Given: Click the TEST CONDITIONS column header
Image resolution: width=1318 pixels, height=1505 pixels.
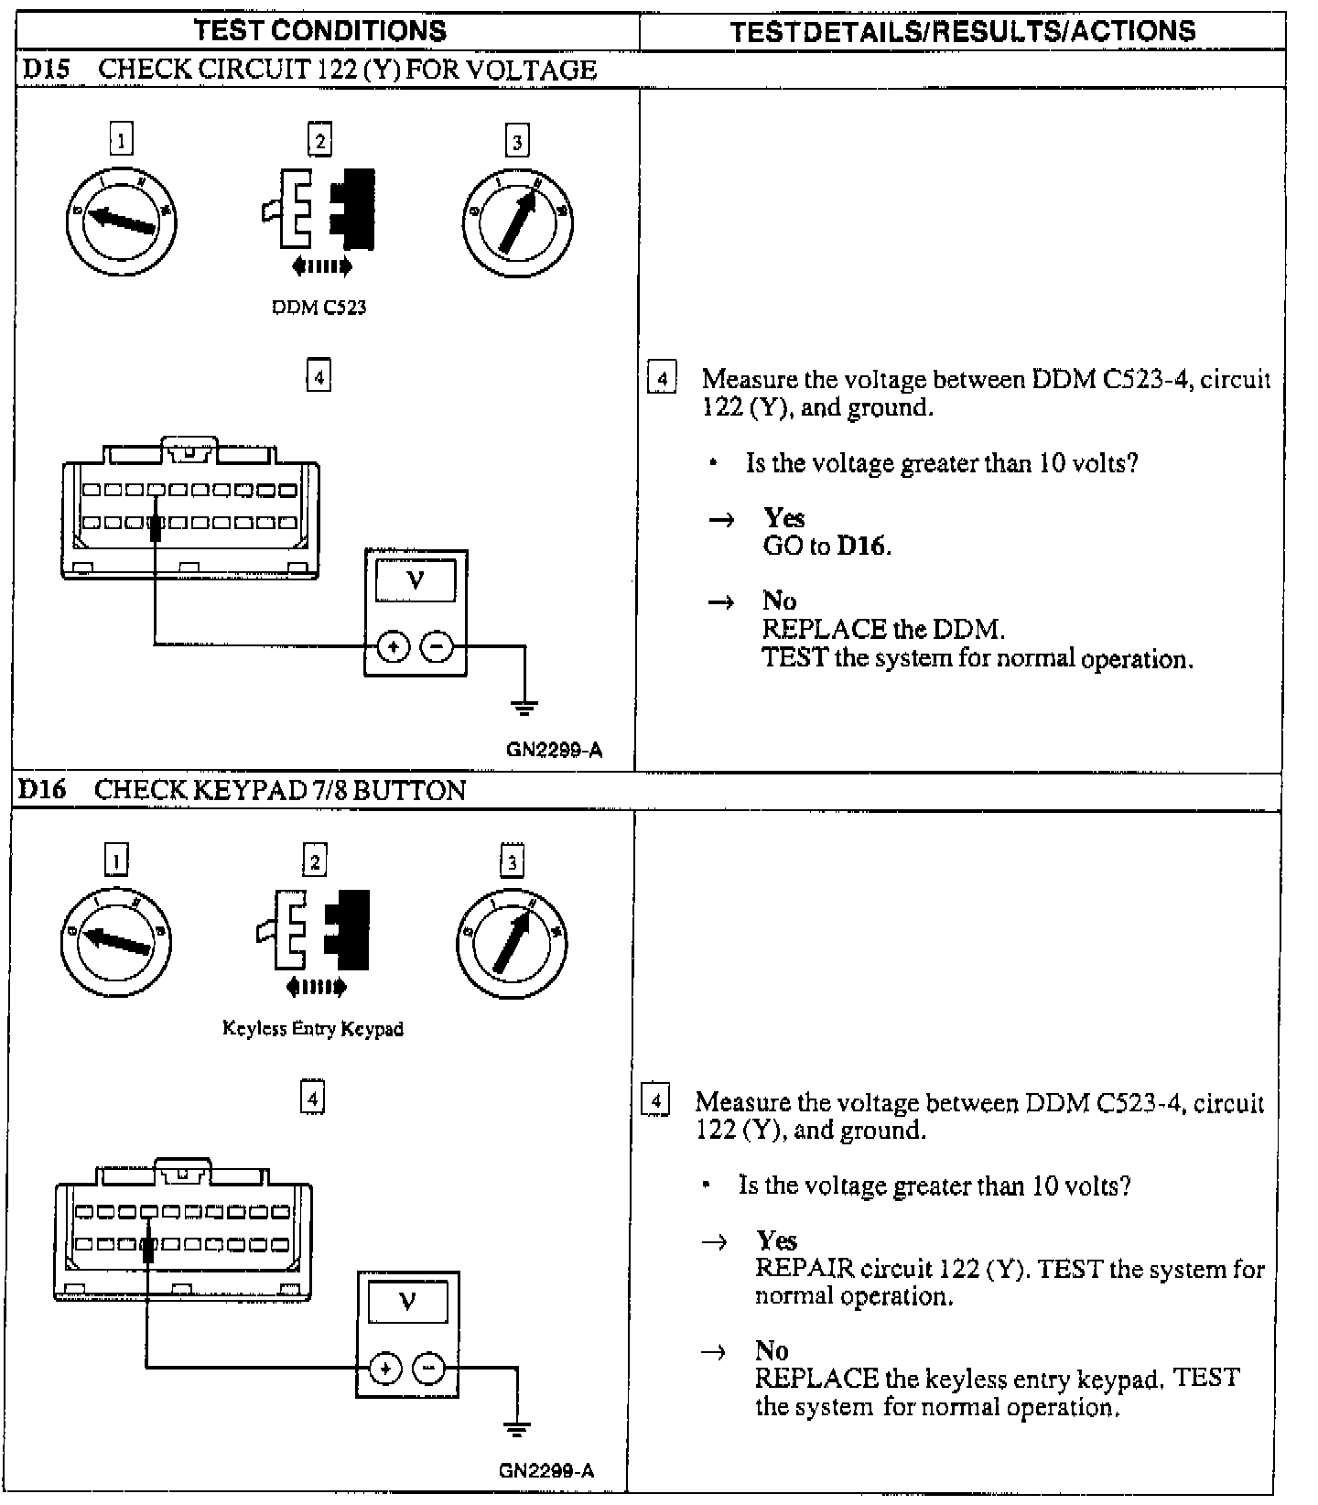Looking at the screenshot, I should coord(320,31).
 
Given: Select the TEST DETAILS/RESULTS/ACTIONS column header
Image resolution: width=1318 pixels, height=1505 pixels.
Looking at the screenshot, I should coord(962,32).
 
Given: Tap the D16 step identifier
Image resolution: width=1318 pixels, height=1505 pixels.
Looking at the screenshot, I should coord(42,790).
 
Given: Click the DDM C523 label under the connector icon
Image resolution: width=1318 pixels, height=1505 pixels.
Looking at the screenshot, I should coord(319,308).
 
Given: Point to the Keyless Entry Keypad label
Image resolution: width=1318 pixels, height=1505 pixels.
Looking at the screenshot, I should coord(313,1028).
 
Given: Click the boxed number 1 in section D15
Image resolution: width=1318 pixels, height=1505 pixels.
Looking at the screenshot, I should coord(121,140).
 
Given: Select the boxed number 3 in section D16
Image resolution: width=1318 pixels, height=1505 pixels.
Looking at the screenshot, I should coord(512,861).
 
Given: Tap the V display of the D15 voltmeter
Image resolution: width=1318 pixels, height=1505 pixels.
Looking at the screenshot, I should coord(416,580).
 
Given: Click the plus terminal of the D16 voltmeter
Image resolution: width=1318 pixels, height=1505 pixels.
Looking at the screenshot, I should coord(385,1369).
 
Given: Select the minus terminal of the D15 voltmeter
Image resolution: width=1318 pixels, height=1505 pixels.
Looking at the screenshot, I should coord(437,647).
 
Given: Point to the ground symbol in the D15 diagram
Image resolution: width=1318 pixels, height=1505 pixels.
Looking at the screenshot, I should coord(525,707).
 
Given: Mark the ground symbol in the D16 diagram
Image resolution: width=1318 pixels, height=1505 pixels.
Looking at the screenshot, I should coord(517,1428).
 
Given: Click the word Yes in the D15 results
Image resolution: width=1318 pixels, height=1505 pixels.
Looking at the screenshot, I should coord(784,518).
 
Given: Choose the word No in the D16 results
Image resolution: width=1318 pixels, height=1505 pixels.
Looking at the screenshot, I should coord(772,1350).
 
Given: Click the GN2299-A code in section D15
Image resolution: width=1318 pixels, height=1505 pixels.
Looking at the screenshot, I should coord(555,751).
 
